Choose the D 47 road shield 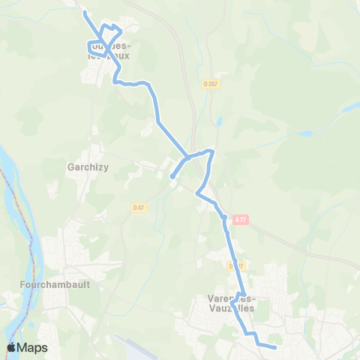[138, 207]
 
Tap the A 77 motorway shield [239, 219]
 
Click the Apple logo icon [11, 347]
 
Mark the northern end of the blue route [85, 13]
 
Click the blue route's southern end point [275, 347]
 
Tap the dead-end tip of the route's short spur [172, 177]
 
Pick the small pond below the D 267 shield [219, 120]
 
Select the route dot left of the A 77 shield [223, 217]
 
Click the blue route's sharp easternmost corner [213, 151]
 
